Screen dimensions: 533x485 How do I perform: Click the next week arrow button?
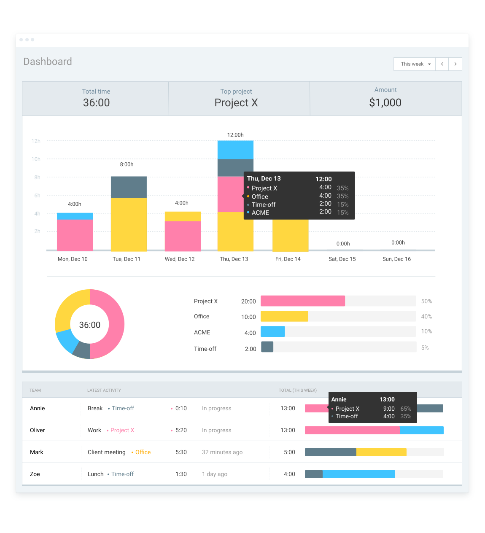coord(455,64)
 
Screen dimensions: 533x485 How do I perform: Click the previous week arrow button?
coord(442,64)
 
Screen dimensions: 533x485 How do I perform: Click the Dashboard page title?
coord(48,62)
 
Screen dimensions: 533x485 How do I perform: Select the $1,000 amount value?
coord(385,102)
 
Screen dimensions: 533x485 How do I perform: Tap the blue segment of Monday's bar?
coord(75,216)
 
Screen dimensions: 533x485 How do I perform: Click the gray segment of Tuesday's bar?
coord(129,187)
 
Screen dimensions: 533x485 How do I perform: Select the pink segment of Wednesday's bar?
coord(183,236)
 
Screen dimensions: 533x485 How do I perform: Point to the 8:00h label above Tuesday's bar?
coord(127,164)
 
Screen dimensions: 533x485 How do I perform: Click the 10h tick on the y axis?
coord(36,159)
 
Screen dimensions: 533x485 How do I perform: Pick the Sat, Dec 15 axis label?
coord(342,259)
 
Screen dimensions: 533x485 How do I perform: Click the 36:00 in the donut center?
coord(90,325)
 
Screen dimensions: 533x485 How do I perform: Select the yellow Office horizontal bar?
coord(284,316)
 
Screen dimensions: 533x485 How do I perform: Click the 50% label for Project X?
coord(426,301)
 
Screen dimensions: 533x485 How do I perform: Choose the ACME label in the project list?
coord(202,332)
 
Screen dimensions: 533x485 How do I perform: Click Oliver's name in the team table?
coord(38,430)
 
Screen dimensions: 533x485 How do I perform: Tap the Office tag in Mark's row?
coord(143,452)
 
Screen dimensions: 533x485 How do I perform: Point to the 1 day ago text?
coord(215,474)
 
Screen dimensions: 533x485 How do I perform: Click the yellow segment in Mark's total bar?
coord(381,452)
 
